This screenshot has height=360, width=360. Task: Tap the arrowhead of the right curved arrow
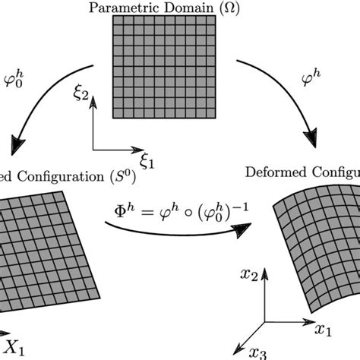(x=311, y=141)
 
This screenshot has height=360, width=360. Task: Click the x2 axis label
(x=243, y=270)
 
